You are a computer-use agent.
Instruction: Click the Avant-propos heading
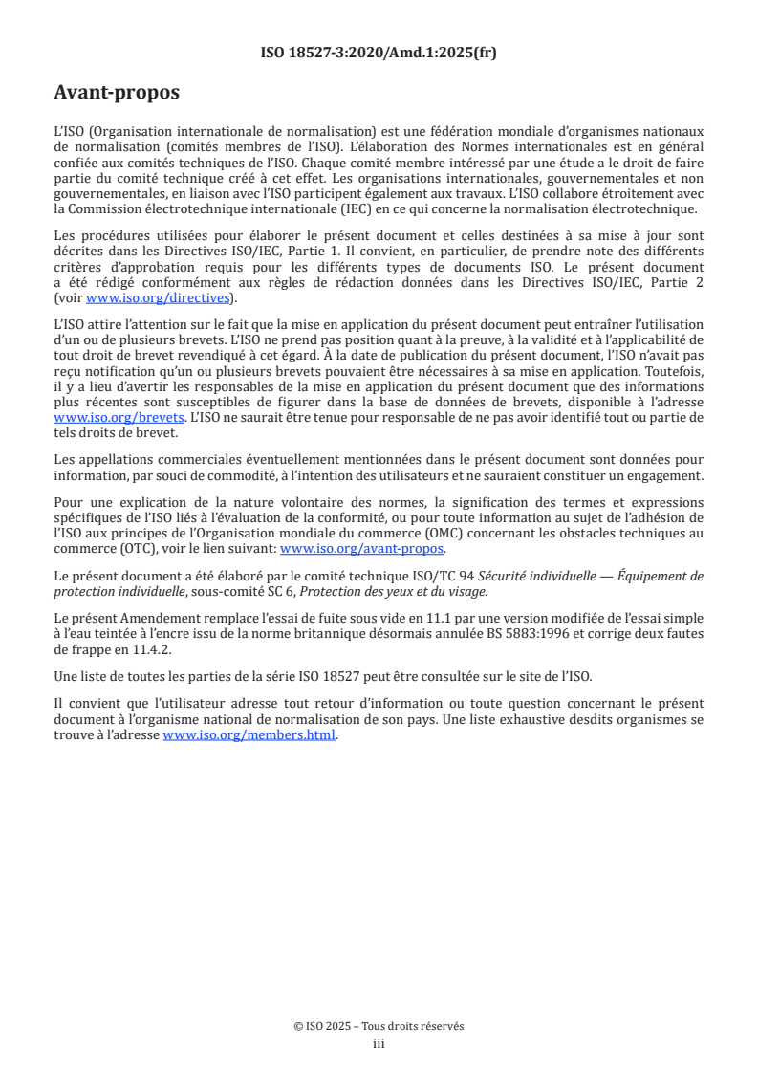point(117,93)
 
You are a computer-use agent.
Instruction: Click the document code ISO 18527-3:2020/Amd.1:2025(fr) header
point(379,53)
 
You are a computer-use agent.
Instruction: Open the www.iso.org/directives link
point(158,296)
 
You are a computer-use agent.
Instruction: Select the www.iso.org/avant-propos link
point(362,549)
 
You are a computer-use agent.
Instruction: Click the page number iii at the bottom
point(379,1044)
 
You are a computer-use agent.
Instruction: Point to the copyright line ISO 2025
point(379,1026)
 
